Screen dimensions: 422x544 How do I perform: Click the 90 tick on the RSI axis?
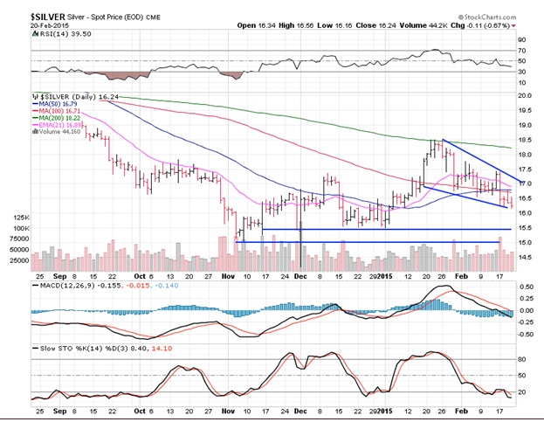pyautogui.click(x=524, y=39)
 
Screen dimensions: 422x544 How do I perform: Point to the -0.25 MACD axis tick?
pyautogui.click(x=527, y=321)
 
